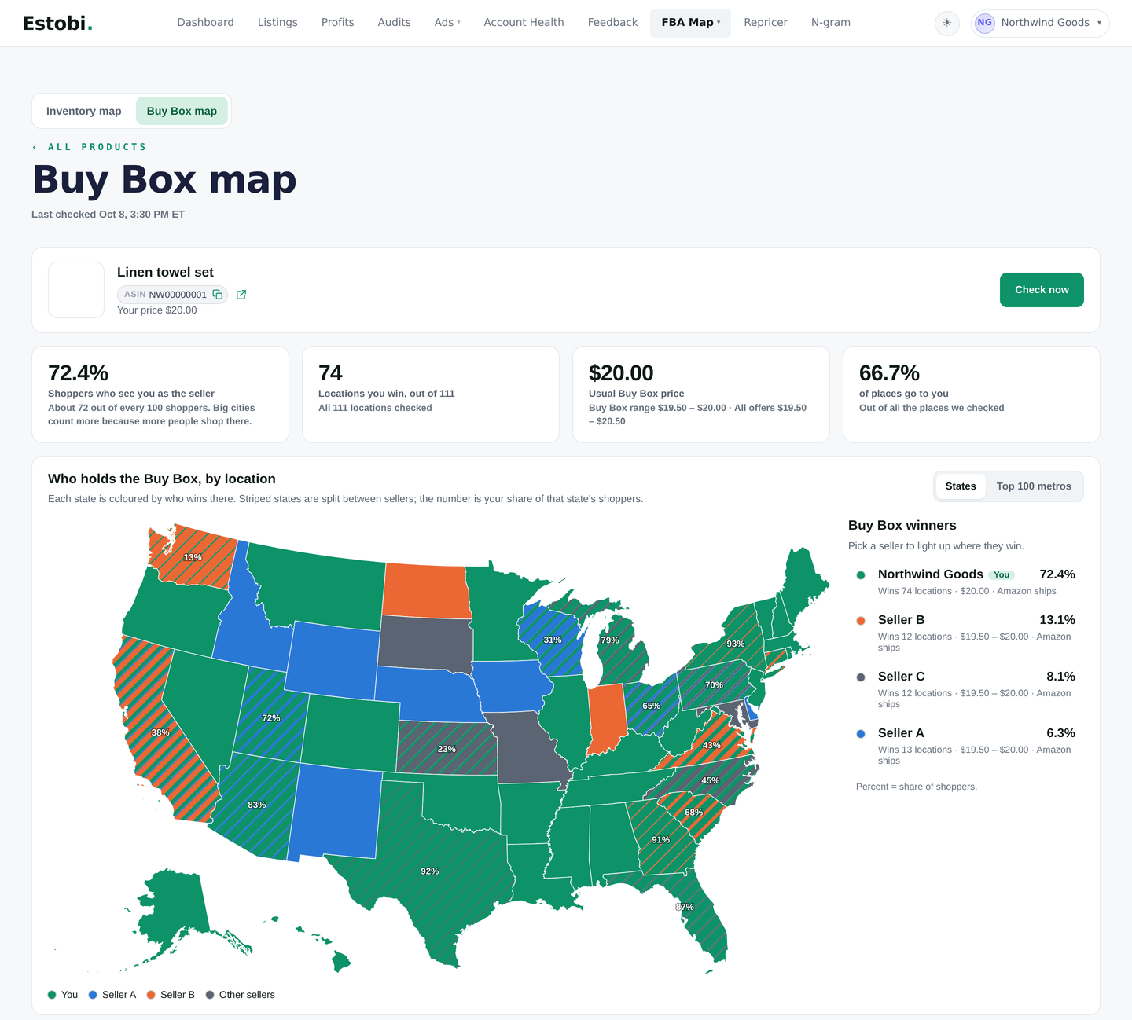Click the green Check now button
click(1041, 290)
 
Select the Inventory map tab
click(83, 111)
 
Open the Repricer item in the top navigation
click(765, 23)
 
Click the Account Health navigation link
click(523, 23)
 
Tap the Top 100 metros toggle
click(1033, 486)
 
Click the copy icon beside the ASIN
click(217, 295)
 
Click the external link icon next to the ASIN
click(241, 295)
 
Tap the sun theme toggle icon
click(947, 23)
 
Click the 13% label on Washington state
click(193, 557)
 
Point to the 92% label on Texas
click(429, 871)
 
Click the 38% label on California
click(160, 732)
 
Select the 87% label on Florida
click(685, 907)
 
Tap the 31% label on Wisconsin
click(553, 640)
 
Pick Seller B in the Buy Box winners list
click(901, 620)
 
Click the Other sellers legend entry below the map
click(241, 995)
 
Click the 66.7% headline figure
click(889, 373)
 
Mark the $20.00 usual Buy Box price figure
click(621, 373)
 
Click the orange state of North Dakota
click(426, 590)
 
